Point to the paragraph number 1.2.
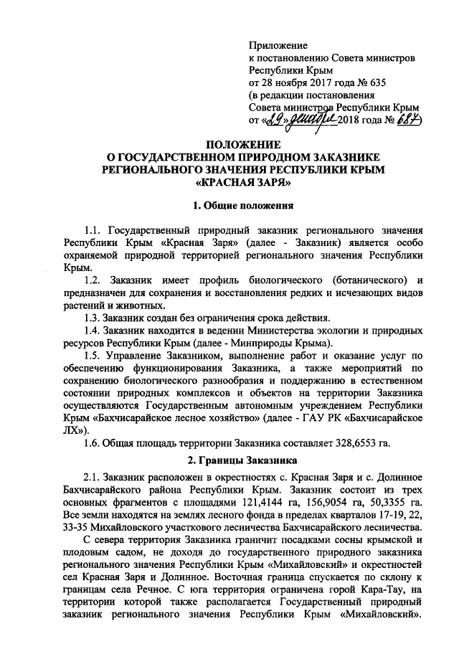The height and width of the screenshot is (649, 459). pos(94,279)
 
